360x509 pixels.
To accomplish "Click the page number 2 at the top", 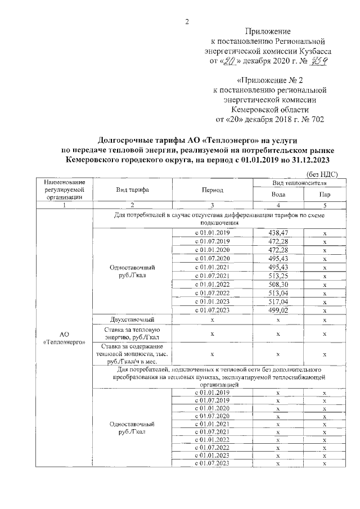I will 186,22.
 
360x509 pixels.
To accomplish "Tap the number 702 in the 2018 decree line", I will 316,119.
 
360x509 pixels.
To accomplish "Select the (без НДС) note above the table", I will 322,175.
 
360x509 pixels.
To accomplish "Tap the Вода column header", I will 278,195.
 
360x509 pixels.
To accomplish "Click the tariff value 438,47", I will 278,232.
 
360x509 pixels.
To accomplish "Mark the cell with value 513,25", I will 278,276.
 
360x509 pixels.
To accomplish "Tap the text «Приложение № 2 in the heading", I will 269,80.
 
